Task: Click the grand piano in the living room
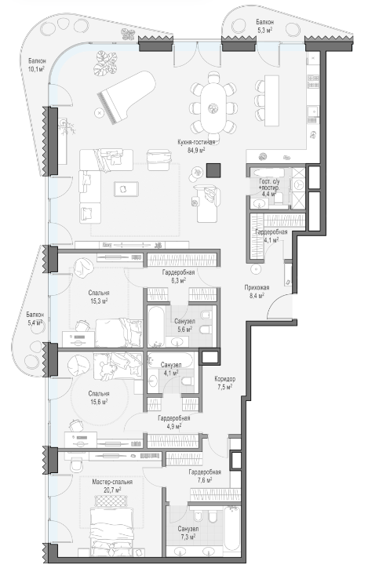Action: click(x=126, y=97)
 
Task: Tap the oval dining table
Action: click(x=213, y=107)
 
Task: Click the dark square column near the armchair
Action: click(x=213, y=170)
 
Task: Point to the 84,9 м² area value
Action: click(x=197, y=150)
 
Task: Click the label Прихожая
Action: click(x=257, y=287)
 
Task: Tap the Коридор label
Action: click(x=225, y=379)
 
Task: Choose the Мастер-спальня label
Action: click(x=112, y=482)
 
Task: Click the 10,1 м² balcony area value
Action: click(x=36, y=69)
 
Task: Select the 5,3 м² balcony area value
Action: click(x=265, y=30)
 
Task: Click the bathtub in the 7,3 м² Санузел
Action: click(x=231, y=527)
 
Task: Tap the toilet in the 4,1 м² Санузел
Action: click(x=187, y=381)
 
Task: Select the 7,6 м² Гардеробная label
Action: click(x=205, y=476)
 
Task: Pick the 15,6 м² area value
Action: click(x=99, y=402)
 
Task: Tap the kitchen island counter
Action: click(x=271, y=100)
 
